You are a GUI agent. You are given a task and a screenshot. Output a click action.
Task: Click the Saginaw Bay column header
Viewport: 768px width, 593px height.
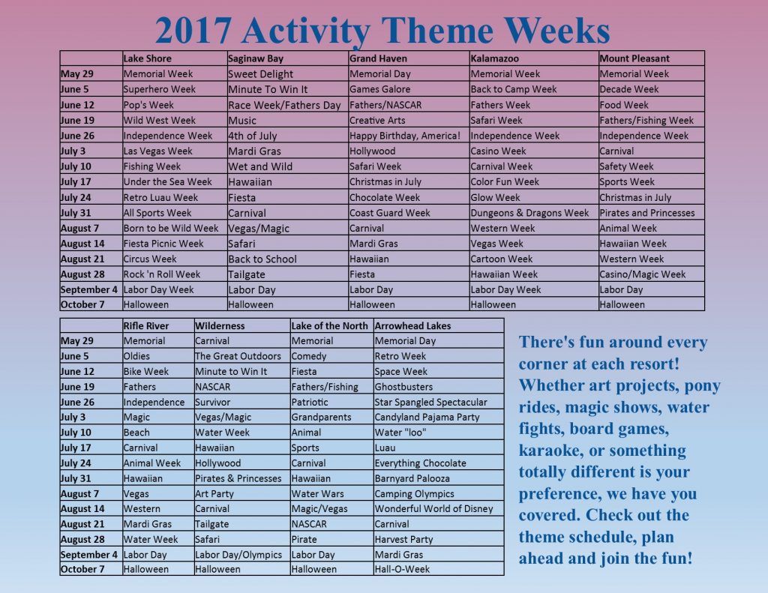(256, 58)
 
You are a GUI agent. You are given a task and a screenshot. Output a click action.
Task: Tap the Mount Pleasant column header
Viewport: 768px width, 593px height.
(634, 58)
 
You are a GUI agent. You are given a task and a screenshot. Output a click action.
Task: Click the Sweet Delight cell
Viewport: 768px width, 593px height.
(260, 74)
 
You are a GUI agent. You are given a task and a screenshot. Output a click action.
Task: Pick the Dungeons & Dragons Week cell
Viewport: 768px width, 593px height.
(529, 213)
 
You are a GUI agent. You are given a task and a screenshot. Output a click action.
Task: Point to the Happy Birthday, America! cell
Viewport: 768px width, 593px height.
(405, 136)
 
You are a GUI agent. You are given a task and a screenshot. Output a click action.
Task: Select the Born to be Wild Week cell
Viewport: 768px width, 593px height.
(171, 228)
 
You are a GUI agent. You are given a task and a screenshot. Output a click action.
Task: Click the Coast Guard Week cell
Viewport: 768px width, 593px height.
(390, 213)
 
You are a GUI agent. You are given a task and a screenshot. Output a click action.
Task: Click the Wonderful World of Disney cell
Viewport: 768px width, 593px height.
(433, 508)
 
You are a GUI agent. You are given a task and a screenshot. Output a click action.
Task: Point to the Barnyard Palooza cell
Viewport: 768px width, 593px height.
(412, 478)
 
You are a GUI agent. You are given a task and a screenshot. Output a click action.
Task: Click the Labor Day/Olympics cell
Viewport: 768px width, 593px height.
(238, 555)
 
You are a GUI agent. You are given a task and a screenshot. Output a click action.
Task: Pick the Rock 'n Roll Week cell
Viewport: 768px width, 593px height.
(162, 274)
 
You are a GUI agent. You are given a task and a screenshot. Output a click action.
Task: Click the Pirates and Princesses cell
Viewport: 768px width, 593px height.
(646, 213)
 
